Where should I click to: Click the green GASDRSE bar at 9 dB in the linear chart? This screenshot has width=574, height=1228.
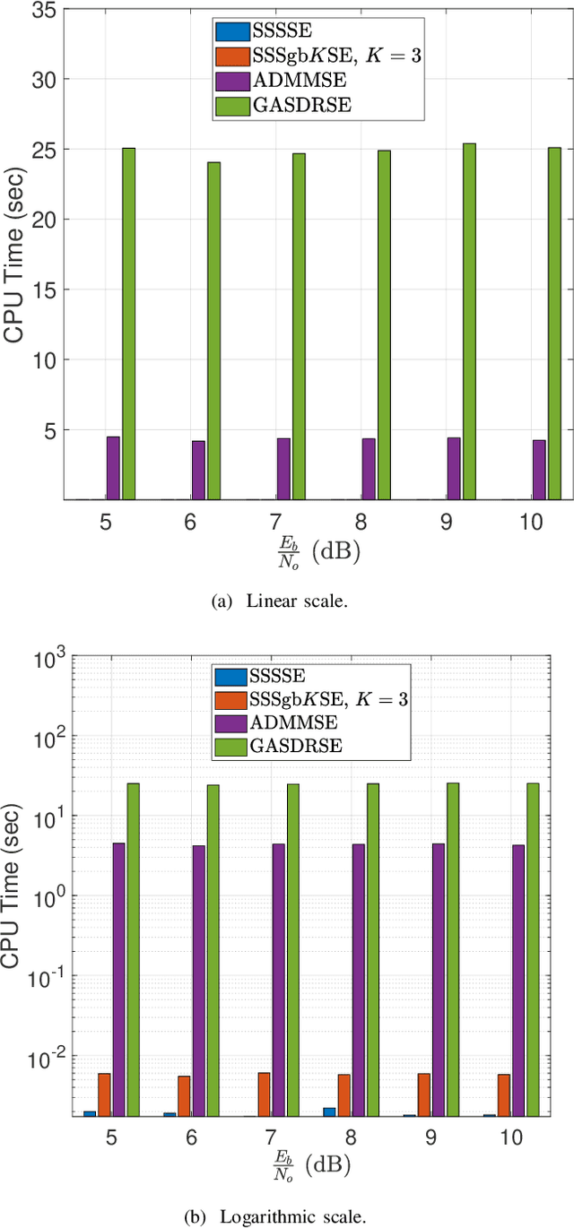[x=469, y=321]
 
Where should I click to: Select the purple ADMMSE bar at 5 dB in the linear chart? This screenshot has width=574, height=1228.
[x=113, y=468]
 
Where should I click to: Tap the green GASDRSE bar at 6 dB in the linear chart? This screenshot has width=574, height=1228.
[x=213, y=330]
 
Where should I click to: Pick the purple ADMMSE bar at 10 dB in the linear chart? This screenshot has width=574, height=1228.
[x=539, y=470]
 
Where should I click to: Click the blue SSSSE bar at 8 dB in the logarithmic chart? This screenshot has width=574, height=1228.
[x=329, y=1111]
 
